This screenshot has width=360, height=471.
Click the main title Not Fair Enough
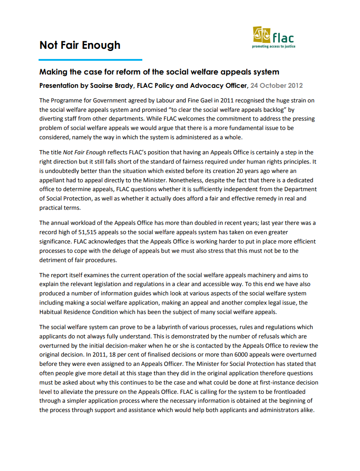pos(80,45)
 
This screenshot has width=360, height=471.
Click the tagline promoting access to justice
pos(274,46)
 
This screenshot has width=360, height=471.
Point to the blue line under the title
pos(90,59)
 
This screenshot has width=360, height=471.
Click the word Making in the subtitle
pos(53,72)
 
